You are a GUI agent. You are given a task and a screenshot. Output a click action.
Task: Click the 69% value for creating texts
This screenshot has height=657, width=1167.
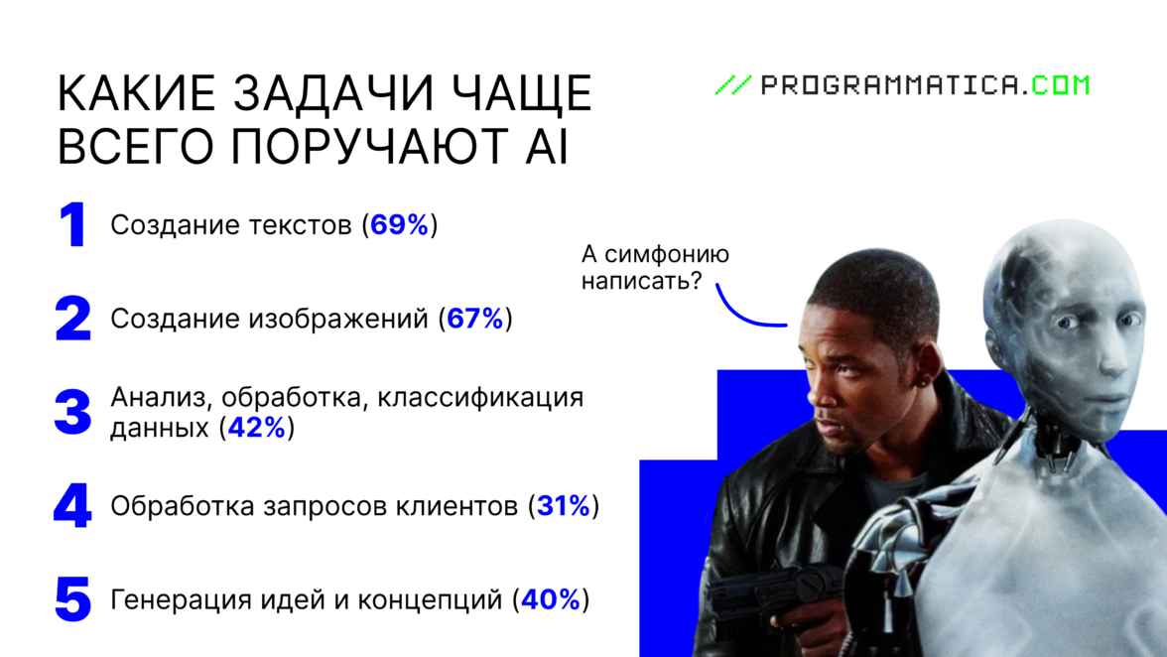400,224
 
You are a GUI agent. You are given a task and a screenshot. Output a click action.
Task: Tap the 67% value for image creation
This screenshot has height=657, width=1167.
475,319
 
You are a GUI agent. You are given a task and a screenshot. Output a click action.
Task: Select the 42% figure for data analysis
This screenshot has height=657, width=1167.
257,428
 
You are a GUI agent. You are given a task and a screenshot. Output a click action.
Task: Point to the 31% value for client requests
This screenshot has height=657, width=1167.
564,506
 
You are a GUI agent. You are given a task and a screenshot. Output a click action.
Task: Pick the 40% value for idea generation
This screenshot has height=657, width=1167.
551,599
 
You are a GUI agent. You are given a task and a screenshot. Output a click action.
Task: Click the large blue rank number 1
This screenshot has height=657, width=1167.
73,224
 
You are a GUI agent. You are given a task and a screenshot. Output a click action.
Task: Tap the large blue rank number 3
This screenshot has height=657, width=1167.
73,412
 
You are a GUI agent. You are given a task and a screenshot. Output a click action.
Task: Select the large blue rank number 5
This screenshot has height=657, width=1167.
73,599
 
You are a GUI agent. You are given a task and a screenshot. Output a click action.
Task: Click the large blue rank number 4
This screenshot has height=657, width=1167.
73,506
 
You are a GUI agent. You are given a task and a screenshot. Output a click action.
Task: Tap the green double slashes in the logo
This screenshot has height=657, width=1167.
734,84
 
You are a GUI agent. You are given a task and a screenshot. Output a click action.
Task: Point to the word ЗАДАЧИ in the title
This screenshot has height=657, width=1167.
333,93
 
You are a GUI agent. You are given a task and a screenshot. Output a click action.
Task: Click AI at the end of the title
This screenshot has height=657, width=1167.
547,146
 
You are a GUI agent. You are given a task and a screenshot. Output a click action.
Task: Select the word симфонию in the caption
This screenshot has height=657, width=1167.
667,254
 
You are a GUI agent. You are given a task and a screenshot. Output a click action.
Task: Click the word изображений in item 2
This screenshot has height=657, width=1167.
337,320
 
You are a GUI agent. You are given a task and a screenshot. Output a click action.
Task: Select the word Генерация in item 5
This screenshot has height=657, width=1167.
181,599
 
